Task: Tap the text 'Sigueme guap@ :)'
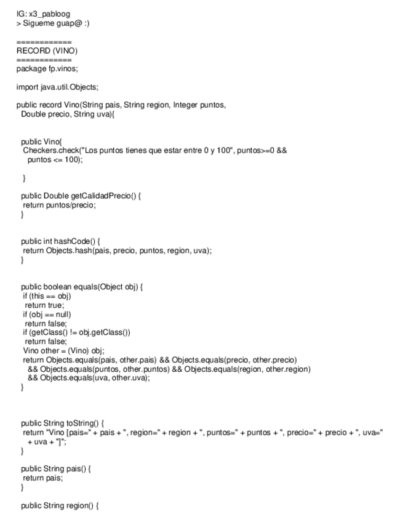point(58,23)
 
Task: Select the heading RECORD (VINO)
point(47,50)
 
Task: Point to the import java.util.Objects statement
point(57,86)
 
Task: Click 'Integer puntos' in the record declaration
point(199,105)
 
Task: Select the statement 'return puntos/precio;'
point(59,205)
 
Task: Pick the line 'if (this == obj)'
point(46,296)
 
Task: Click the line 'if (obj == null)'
point(47,314)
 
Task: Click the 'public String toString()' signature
point(63,423)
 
